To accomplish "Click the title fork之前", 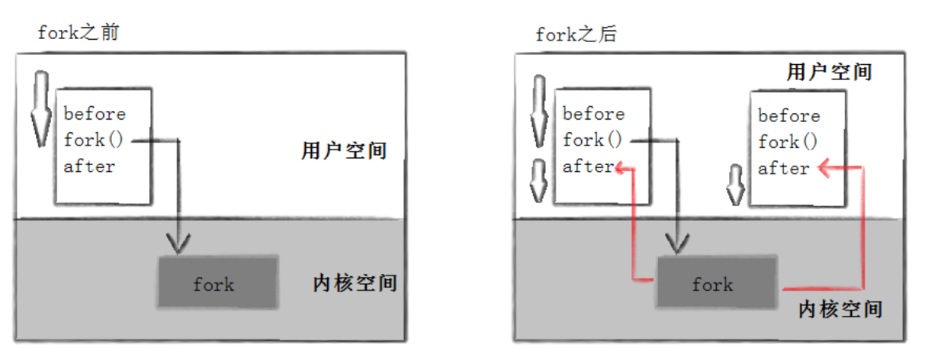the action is tap(77, 32).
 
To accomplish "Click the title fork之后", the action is tap(576, 34).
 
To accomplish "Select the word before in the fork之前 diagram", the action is tap(94, 114).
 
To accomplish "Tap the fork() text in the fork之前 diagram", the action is tap(93, 140).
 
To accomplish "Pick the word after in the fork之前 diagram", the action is tap(89, 167).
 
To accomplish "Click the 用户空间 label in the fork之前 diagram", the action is tap(344, 151).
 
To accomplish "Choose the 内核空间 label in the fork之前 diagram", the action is tap(355, 283).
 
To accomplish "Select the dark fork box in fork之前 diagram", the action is tap(216, 282).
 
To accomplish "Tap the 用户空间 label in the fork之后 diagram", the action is tap(829, 72).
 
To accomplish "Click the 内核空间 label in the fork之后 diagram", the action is tap(840, 309).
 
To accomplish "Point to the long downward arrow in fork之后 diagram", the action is tap(540, 110).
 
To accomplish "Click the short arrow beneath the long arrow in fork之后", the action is tap(539, 180).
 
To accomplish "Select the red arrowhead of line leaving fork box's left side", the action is tap(622, 167).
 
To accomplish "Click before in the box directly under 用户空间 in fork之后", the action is tap(788, 116).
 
